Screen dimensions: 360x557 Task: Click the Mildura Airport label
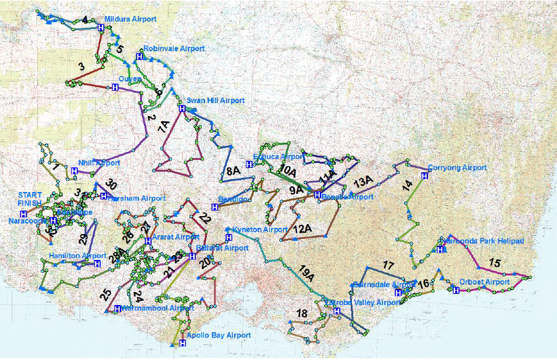tap(130, 19)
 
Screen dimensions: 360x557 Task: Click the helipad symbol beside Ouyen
tap(115, 88)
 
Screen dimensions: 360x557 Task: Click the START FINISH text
tap(30, 199)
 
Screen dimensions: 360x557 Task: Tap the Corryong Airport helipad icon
tap(424, 176)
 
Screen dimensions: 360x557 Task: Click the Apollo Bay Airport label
tap(219, 335)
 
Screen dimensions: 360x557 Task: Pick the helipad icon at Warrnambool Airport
tap(117, 309)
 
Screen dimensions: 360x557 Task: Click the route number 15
tap(495, 262)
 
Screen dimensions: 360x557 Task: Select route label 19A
tap(307, 271)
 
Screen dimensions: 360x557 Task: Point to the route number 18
tap(302, 314)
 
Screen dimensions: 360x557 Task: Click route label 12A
tap(302, 230)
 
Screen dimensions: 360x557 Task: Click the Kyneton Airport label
tap(260, 230)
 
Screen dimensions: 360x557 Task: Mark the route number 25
tap(106, 295)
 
